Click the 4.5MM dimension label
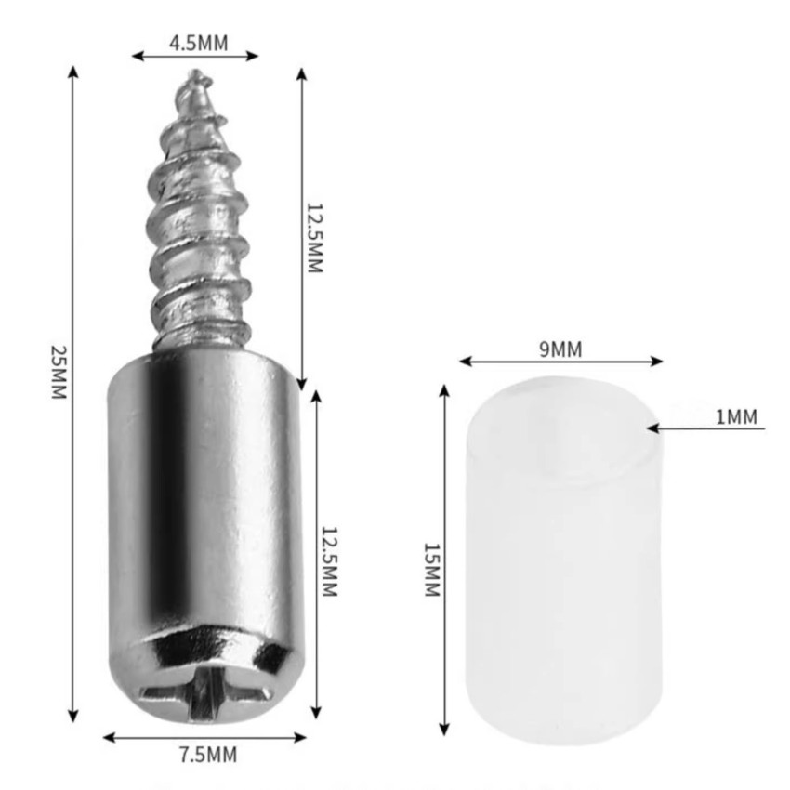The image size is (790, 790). (x=199, y=44)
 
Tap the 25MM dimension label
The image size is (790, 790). (x=59, y=372)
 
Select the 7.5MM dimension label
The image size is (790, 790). (x=208, y=755)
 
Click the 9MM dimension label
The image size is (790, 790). (x=560, y=349)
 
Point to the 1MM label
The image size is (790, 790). (x=736, y=416)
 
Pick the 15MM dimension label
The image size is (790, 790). (x=432, y=570)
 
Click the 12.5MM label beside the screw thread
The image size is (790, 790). (x=315, y=238)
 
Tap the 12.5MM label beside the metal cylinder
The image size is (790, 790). (x=329, y=561)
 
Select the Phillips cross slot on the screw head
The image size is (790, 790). (x=205, y=692)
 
